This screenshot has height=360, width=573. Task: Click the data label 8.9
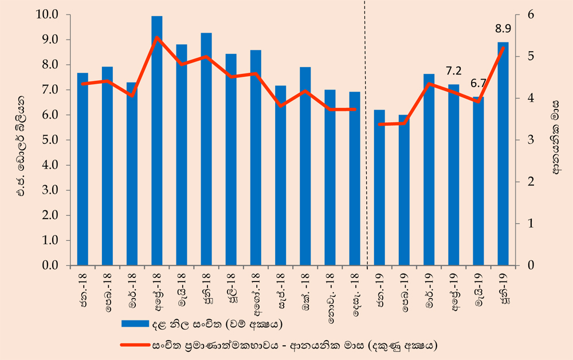pyautogui.click(x=503, y=29)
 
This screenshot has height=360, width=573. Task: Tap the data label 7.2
pyautogui.click(x=453, y=71)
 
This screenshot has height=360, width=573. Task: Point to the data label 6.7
pyautogui.click(x=478, y=83)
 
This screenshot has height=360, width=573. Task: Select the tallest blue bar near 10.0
pyautogui.click(x=157, y=140)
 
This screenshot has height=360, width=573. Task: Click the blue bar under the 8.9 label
pyautogui.click(x=503, y=154)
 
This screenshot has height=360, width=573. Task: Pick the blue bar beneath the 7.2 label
pyautogui.click(x=453, y=175)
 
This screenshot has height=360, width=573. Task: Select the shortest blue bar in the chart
pyautogui.click(x=404, y=190)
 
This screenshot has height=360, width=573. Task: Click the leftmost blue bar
pyautogui.click(x=83, y=169)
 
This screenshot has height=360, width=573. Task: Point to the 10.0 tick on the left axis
pyautogui.click(x=48, y=15)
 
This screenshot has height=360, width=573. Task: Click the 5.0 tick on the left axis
pyautogui.click(x=50, y=140)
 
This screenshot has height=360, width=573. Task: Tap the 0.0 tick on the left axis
pyautogui.click(x=50, y=265)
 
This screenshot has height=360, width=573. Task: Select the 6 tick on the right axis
pyautogui.click(x=530, y=15)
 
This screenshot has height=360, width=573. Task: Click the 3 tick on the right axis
pyautogui.click(x=530, y=140)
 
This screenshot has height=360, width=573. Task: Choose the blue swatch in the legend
pyautogui.click(x=135, y=324)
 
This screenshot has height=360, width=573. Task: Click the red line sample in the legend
pyautogui.click(x=135, y=345)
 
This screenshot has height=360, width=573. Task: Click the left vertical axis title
pyautogui.click(x=22, y=146)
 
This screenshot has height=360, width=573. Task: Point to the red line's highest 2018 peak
pyautogui.click(x=156, y=37)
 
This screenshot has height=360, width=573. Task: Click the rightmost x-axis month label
pyautogui.click(x=505, y=288)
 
